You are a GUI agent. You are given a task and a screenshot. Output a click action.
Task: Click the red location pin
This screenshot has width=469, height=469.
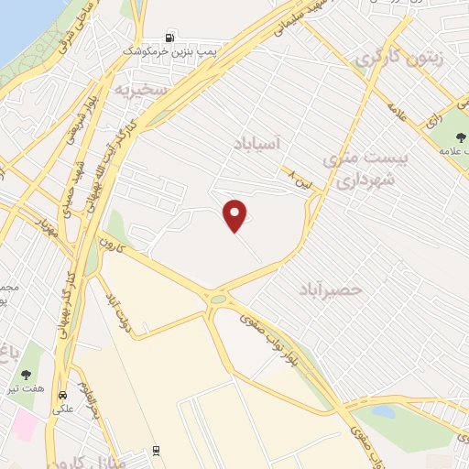pyautogui.click(x=236, y=215)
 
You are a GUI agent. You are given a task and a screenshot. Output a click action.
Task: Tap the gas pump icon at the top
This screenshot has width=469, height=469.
pyautogui.click(x=169, y=38)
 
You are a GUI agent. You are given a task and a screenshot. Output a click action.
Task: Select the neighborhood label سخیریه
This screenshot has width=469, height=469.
pyautogui.click(x=139, y=90)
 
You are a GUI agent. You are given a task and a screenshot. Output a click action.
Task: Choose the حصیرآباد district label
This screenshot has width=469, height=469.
pyautogui.click(x=331, y=289)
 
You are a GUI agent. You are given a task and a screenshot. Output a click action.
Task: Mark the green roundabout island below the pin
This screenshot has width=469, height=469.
pyautogui.click(x=218, y=299)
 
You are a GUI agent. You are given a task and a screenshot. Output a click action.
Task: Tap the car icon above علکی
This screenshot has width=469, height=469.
pyautogui.click(x=62, y=397)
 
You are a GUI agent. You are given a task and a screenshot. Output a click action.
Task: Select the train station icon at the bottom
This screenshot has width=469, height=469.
pyautogui.click(x=156, y=451)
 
